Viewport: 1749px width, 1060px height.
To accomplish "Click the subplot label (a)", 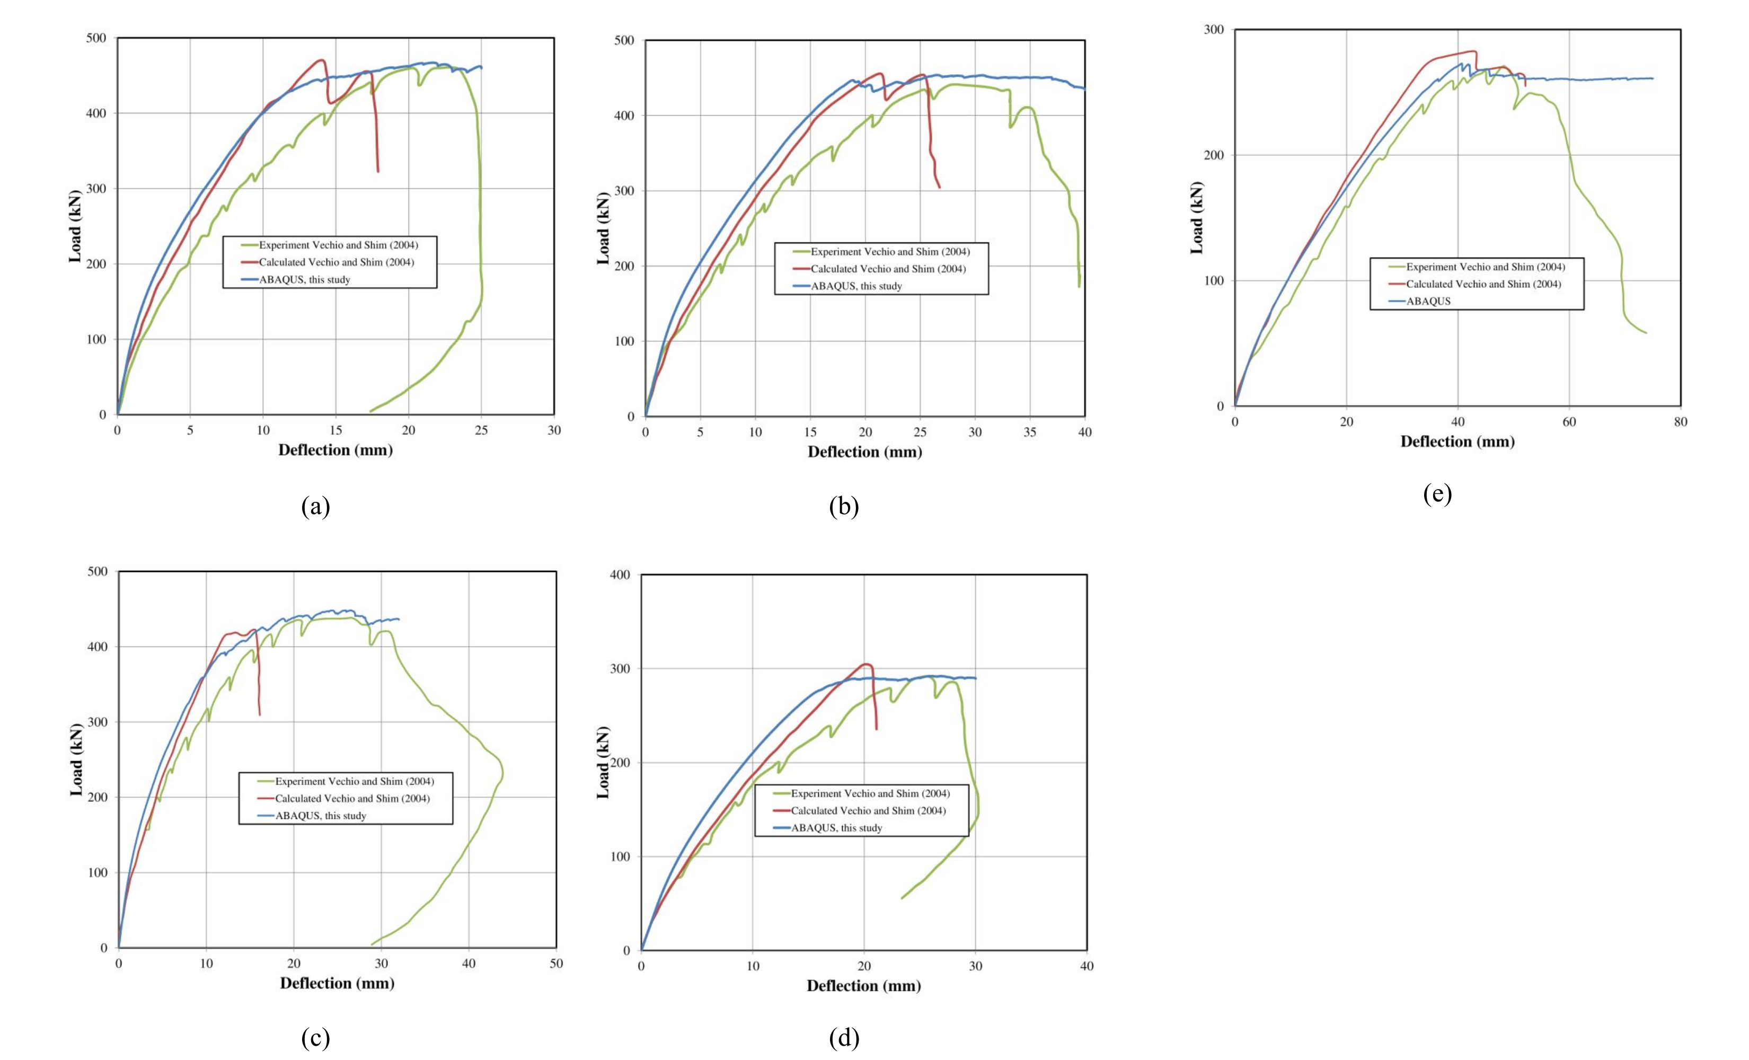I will tap(315, 507).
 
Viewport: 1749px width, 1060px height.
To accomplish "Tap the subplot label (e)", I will tap(1437, 493).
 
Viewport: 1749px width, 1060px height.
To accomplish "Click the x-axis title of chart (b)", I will tap(864, 452).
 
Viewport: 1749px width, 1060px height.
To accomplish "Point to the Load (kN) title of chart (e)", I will tap(1197, 218).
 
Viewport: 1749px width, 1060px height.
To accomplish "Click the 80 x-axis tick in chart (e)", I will tap(1680, 422).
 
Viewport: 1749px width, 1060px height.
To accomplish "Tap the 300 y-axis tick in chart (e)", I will tap(1215, 30).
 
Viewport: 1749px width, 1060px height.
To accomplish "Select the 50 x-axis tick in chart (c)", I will tap(556, 964).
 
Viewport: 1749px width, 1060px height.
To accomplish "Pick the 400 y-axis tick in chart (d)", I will tap(621, 575).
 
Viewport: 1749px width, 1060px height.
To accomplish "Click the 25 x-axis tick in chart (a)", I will tap(481, 431).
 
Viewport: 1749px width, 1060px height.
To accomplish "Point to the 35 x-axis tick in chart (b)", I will tap(1030, 432).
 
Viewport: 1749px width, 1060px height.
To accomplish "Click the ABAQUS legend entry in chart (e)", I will tap(1428, 301).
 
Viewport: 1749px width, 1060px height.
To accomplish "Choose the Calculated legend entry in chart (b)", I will tap(888, 269).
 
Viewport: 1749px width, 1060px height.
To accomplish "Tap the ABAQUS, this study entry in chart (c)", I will tap(320, 816).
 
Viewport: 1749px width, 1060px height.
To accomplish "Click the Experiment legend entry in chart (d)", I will tap(870, 794).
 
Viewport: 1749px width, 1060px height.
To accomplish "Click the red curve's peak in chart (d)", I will tap(866, 664).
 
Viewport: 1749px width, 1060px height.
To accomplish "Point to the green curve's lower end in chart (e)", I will tap(1645, 333).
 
